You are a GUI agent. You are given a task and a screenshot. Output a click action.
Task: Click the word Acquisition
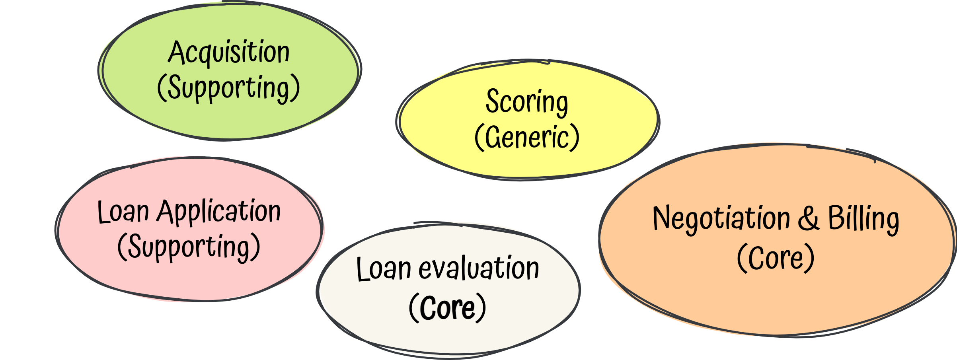point(229,53)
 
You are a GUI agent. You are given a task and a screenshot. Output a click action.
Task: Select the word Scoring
point(526,102)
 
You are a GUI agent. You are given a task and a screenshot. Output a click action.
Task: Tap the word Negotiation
point(721,218)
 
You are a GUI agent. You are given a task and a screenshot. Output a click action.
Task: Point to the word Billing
point(863,218)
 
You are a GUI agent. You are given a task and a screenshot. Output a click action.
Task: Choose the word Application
point(219,212)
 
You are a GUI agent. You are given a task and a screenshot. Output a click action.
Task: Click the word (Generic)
point(527,137)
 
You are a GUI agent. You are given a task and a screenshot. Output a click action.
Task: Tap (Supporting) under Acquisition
point(228,88)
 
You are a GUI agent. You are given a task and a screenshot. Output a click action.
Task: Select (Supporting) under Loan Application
point(189,247)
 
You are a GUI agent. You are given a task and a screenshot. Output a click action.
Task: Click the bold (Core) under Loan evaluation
point(447,307)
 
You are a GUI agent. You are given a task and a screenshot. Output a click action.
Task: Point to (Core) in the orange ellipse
point(776,258)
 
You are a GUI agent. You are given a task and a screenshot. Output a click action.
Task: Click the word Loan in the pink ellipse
point(123,212)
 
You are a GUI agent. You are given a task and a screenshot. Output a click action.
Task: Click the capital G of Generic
point(493,137)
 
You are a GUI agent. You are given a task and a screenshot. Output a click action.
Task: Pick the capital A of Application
point(166,211)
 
